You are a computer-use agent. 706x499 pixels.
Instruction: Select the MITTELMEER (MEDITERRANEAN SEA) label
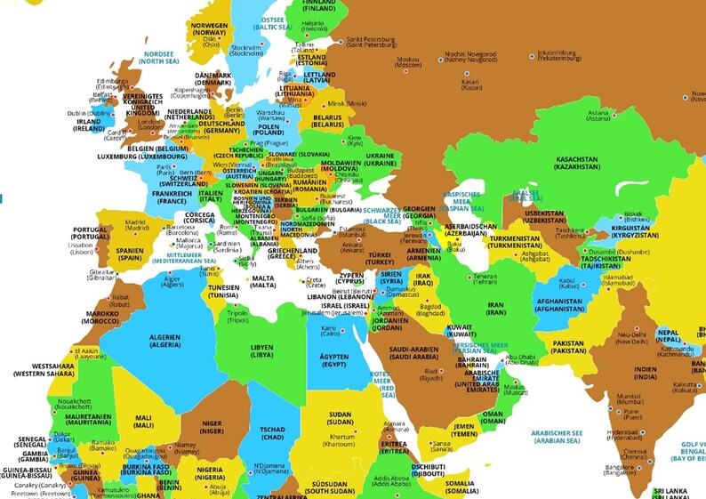pyautogui.click(x=183, y=258)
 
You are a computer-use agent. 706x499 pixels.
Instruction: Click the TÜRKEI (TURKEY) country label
pyautogui.click(x=380, y=259)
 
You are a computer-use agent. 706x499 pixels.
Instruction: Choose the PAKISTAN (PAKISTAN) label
pyautogui.click(x=567, y=347)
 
